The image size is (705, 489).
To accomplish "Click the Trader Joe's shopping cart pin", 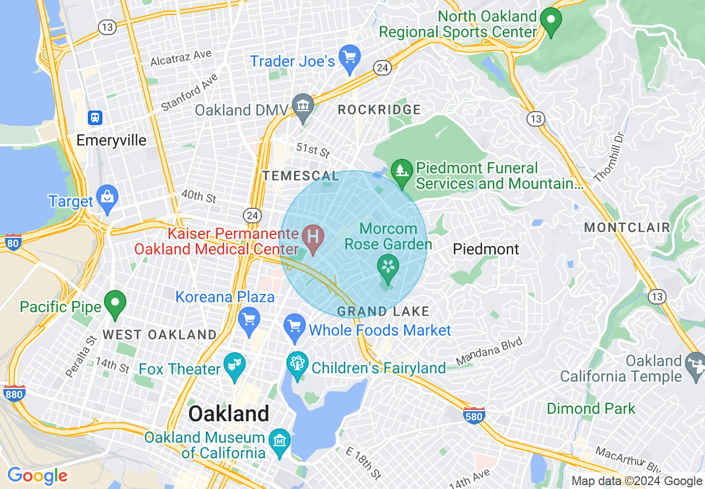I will [x=349, y=58].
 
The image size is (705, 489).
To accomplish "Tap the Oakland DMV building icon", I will [x=303, y=106].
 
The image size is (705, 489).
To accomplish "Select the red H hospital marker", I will [x=313, y=237].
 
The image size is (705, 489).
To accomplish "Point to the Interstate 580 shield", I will [x=473, y=415].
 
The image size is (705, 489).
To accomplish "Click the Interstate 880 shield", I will [x=14, y=393].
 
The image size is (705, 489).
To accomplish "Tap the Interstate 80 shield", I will [x=13, y=242].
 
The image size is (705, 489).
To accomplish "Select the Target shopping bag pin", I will [x=107, y=198].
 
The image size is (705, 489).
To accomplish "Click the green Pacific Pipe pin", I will [x=115, y=303].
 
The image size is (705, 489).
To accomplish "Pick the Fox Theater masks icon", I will [x=234, y=366].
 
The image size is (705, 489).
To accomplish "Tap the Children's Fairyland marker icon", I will [x=297, y=365].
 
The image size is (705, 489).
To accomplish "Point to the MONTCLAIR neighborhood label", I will [x=627, y=228].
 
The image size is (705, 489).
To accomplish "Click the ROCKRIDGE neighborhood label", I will [x=379, y=110].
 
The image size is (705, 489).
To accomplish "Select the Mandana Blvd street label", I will [x=489, y=352].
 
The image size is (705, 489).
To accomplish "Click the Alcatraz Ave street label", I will [x=181, y=57].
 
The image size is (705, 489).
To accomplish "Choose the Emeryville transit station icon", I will [x=95, y=117].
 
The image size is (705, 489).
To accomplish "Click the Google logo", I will [x=37, y=476].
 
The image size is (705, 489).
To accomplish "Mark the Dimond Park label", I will [x=590, y=408].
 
